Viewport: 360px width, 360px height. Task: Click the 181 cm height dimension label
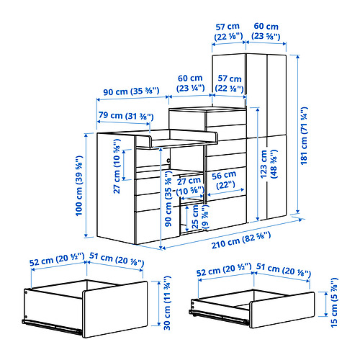304,136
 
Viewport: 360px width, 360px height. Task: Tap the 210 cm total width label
241,240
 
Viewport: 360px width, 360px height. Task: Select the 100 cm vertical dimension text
79,186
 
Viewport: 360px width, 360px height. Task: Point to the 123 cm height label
269,164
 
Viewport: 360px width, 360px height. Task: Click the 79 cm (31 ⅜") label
126,116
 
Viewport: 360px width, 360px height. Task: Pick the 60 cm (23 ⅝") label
266,31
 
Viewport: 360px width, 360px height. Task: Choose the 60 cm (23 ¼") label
190,83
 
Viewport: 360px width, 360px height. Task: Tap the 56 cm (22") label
224,180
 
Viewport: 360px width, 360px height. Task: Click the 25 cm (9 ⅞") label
199,217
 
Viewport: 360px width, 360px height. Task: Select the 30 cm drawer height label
167,303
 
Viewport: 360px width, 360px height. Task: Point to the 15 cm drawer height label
334,302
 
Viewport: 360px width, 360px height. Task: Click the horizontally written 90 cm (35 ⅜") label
131,91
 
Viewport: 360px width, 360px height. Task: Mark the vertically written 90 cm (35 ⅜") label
168,199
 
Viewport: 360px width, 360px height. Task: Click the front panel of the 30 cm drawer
115,310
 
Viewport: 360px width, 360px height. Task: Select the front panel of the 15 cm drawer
282,310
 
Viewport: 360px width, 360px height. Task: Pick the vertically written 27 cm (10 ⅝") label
117,166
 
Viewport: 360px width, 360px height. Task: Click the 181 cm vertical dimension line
298,134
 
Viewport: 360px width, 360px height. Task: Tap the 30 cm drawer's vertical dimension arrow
158,303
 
